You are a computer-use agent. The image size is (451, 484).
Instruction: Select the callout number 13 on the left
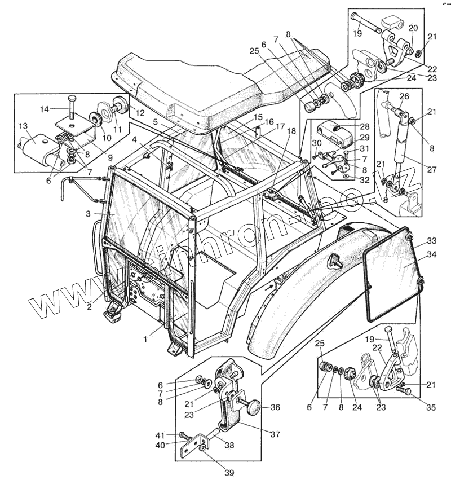pyautogui.click(x=23, y=126)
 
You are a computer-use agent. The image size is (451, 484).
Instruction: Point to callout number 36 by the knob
pyautogui.click(x=275, y=407)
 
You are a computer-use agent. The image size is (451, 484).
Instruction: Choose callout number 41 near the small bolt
pyautogui.click(x=161, y=435)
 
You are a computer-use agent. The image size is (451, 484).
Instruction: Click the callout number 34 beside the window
pyautogui.click(x=431, y=254)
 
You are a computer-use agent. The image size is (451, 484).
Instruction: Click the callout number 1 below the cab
pyautogui.click(x=145, y=339)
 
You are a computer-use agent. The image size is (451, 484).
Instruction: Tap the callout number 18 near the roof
pyautogui.click(x=291, y=131)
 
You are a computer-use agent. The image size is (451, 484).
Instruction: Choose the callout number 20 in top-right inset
pyautogui.click(x=413, y=28)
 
